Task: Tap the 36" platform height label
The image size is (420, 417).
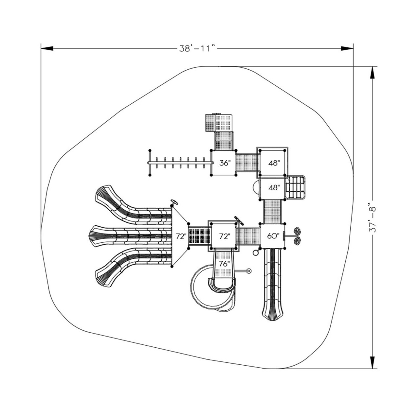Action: pyautogui.click(x=225, y=163)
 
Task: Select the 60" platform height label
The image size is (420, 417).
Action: pyautogui.click(x=273, y=236)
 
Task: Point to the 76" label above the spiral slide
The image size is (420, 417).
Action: pyautogui.click(x=224, y=263)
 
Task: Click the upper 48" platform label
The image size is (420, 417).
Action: pyautogui.click(x=274, y=163)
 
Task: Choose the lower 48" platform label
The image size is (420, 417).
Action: pyautogui.click(x=274, y=188)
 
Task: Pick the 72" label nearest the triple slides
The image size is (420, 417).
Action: pyautogui.click(x=180, y=236)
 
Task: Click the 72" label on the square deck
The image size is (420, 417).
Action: pyautogui.click(x=225, y=236)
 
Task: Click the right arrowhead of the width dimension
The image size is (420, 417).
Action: pyautogui.click(x=347, y=48)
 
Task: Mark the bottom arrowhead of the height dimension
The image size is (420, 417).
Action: pyautogui.click(x=372, y=362)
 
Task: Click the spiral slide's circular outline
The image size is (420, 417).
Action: pyautogui.click(x=196, y=288)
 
